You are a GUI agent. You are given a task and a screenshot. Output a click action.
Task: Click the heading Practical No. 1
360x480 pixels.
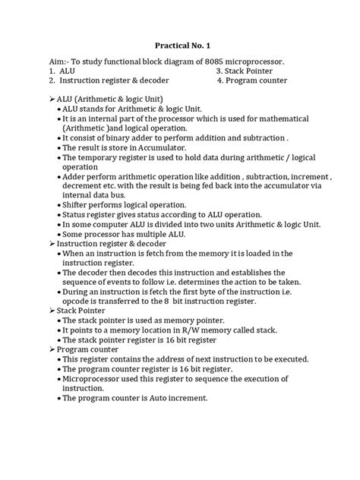pos(179,45)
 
